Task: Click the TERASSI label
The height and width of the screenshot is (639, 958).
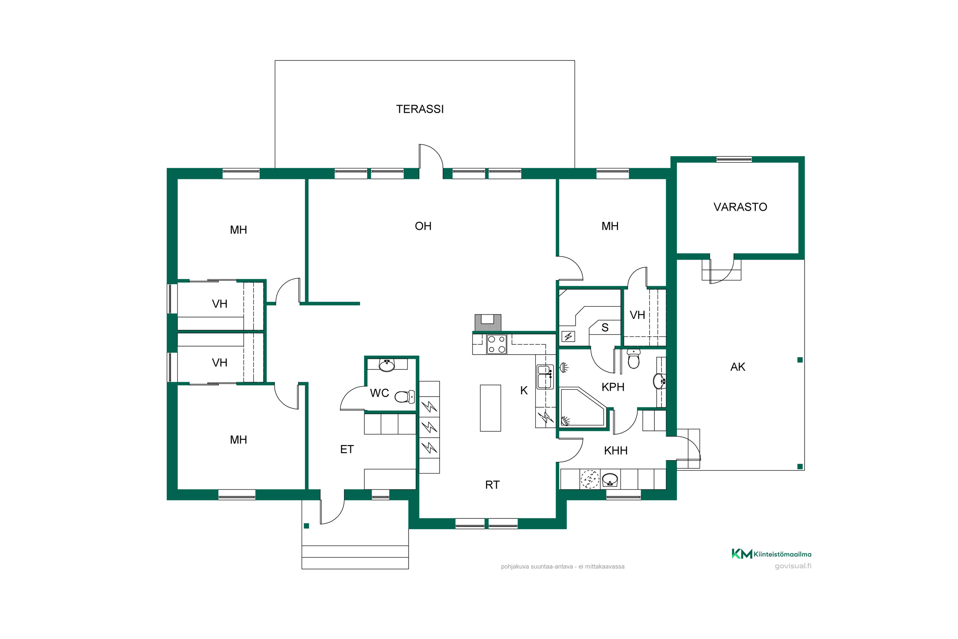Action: (420, 109)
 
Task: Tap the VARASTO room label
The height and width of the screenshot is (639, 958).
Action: (740, 207)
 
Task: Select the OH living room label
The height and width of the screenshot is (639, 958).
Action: (423, 226)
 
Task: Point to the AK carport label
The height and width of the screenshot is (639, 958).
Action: (738, 367)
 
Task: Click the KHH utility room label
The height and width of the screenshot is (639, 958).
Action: (615, 451)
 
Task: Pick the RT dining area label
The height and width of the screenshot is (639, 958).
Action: (492, 485)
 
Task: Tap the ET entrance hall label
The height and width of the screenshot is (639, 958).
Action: (346, 450)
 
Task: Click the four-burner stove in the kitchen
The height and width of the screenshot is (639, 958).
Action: (497, 344)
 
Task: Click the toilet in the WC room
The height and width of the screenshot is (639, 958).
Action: (405, 396)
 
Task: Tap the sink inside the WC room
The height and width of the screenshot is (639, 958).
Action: (386, 365)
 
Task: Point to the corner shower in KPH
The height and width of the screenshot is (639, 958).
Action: (583, 408)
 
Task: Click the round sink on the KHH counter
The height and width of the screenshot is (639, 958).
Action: (610, 479)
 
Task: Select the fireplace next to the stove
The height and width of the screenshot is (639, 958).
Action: (488, 322)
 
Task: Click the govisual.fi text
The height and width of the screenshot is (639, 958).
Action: (793, 566)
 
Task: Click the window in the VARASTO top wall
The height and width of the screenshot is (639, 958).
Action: (734, 159)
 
